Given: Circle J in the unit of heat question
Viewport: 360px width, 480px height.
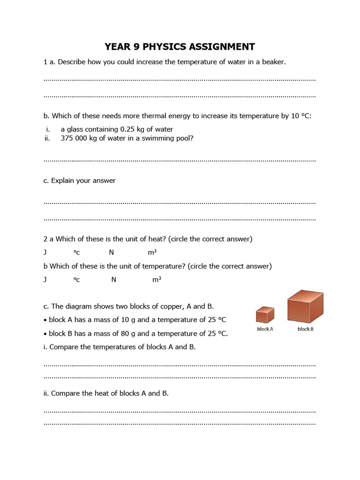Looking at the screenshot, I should (x=45, y=253).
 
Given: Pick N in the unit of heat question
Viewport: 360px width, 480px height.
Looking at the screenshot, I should (x=111, y=253).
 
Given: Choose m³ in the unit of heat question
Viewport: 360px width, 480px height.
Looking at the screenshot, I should (x=152, y=253).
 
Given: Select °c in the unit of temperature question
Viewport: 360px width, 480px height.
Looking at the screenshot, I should (x=76, y=280).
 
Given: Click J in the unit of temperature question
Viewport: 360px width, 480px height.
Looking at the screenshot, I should (x=45, y=280).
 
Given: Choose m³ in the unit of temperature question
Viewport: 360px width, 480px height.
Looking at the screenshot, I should (x=157, y=280).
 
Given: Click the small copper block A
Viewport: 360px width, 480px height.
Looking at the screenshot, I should (x=265, y=315).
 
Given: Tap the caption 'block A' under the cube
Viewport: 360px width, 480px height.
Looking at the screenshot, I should (x=265, y=329).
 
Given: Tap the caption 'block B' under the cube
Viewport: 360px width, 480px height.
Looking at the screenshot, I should (x=306, y=329).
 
